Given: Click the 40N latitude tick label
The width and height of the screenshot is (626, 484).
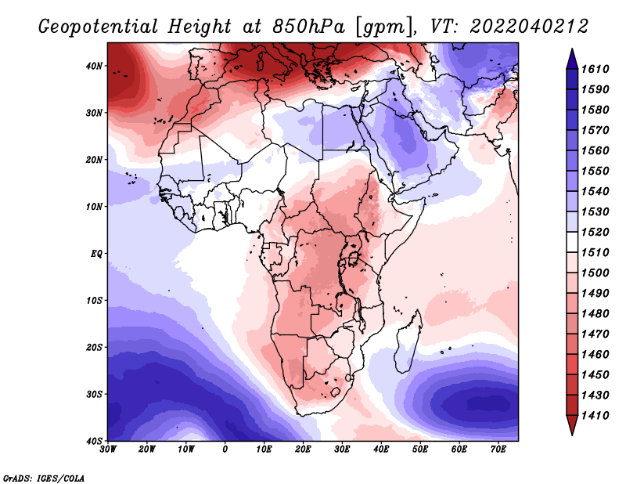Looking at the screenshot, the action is point(94,66).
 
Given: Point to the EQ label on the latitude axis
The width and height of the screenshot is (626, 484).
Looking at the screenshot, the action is point(96,254).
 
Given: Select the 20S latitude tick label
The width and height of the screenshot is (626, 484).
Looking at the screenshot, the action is point(94,347).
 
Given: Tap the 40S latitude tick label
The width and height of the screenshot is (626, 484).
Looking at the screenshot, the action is point(94,441).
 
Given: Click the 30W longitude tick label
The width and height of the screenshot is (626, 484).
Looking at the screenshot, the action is point(108,450).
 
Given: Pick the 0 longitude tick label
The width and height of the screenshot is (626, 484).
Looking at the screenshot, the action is point(225,450).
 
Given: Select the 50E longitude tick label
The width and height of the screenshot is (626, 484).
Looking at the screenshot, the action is point(420,450).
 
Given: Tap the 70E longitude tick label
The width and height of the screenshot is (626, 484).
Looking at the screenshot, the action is point(498,450).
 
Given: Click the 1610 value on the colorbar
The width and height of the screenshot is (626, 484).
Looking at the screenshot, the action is point(595,69).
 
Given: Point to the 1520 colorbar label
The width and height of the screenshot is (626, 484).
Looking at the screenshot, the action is point(595,232).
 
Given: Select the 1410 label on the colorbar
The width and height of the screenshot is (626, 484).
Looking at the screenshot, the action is point(595,416).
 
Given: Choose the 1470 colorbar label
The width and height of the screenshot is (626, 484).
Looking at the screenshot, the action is point(595,334).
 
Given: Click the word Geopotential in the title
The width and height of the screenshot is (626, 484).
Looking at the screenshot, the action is point(99,27).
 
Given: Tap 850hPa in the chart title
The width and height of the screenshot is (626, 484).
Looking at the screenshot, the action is point(308,27).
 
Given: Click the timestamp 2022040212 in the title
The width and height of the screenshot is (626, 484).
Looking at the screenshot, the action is point(529,27).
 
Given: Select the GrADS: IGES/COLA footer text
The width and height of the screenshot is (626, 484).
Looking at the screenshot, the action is point(44,479).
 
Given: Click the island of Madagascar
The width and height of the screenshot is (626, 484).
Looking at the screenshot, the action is point(408,341).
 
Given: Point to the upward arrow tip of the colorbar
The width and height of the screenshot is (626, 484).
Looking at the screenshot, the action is point(572,49).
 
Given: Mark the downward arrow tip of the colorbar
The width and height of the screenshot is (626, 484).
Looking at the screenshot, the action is point(572,435).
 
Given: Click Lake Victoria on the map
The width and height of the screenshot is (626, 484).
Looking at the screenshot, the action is point(354,258).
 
